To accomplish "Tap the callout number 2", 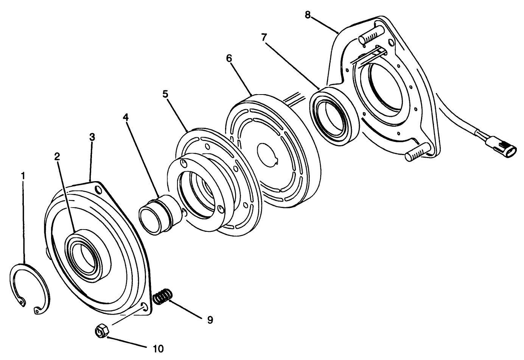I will [x=57, y=156].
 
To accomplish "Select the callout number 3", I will [x=92, y=137].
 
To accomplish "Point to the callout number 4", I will [x=126, y=117].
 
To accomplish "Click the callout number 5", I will [x=165, y=94].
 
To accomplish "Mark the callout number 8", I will [x=308, y=15].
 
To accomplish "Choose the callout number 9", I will [x=210, y=320].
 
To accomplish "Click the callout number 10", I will [x=158, y=348].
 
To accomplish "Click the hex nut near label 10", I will [x=101, y=332].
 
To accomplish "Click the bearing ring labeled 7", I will [x=333, y=115].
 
